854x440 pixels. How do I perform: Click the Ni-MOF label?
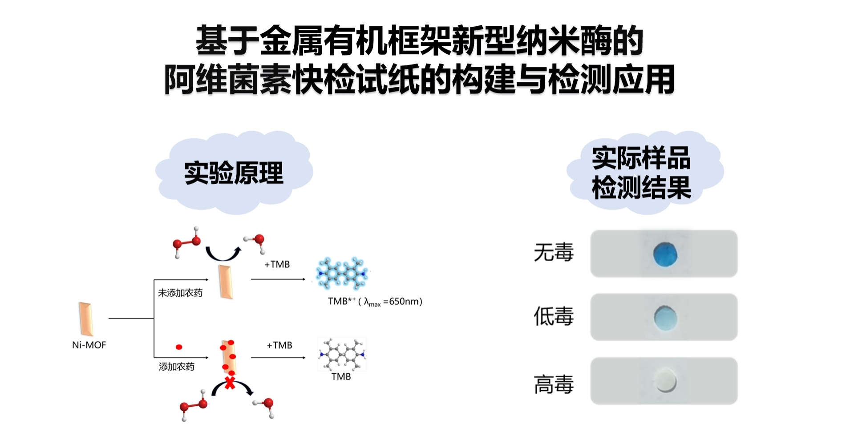point(89,345)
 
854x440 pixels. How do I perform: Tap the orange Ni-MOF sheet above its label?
point(86,319)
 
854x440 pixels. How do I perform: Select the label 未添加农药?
point(180,293)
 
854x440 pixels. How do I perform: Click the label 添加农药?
point(177,367)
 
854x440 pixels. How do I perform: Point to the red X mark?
point(230,382)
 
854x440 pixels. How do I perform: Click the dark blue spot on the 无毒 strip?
point(665,254)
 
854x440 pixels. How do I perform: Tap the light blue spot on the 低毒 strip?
point(665,318)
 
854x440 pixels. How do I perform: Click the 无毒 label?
point(554,252)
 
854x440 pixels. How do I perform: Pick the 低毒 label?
point(554,316)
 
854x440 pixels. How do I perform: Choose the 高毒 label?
point(554,384)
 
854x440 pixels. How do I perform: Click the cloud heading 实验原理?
point(234,173)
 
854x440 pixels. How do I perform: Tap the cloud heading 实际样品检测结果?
point(641,173)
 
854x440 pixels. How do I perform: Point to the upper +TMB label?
point(277,264)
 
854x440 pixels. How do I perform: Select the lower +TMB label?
point(279,345)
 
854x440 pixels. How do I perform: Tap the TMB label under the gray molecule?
point(341,377)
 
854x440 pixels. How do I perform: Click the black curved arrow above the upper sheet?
point(223,254)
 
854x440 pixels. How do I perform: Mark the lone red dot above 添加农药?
point(179,347)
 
